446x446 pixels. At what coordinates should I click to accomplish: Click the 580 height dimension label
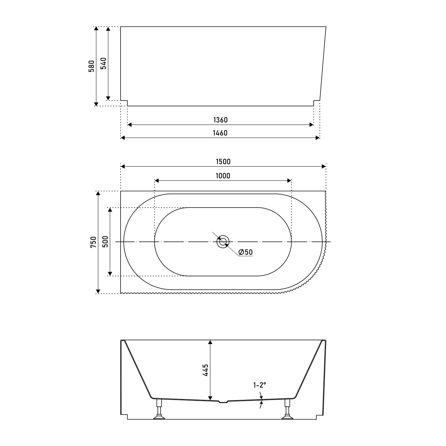tap(92, 66)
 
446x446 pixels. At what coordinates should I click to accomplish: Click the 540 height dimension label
tap(103, 64)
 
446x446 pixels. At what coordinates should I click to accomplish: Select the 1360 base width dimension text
tap(220, 120)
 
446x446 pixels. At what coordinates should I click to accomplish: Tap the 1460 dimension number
tap(220, 133)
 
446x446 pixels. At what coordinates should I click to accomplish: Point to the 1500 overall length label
tap(223, 162)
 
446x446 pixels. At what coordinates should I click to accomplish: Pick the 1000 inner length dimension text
tap(223, 176)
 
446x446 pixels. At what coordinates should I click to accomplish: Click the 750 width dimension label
tap(93, 242)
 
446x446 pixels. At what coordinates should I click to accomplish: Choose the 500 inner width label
tap(105, 242)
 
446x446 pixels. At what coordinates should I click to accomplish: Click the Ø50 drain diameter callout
tap(246, 252)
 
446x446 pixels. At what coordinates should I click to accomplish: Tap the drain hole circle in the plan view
tap(223, 242)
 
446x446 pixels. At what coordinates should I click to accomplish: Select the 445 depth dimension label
tap(205, 370)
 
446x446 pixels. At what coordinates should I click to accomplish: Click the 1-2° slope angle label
tap(259, 385)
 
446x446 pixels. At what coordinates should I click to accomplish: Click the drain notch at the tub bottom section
tap(223, 402)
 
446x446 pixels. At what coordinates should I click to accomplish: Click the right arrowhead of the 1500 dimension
tap(324, 166)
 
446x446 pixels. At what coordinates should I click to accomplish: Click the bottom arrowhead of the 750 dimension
tap(98, 291)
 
